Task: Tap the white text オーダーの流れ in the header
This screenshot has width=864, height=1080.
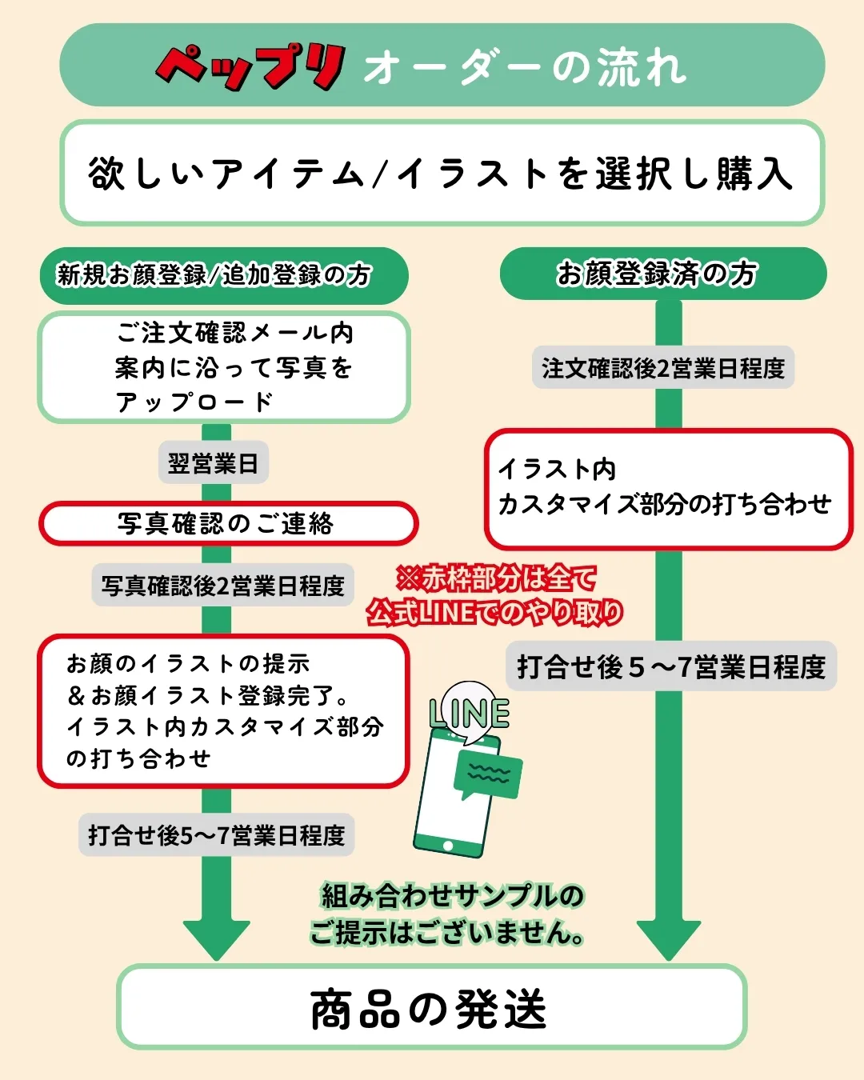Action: pyautogui.click(x=525, y=67)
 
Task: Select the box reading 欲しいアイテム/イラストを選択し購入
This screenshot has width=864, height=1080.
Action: pyautogui.click(x=442, y=173)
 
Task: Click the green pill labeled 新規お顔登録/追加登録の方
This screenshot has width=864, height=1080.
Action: pyautogui.click(x=224, y=275)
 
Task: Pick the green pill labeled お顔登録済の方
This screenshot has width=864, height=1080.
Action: pyautogui.click(x=663, y=274)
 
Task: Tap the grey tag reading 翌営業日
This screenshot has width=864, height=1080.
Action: pyautogui.click(x=214, y=462)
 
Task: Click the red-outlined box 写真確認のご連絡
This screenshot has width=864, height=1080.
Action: pyautogui.click(x=229, y=523)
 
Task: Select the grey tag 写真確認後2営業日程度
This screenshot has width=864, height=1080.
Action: pyautogui.click(x=223, y=585)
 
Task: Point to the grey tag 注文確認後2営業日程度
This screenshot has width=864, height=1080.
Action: pyautogui.click(x=663, y=367)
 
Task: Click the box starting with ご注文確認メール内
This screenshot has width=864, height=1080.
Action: pyautogui.click(x=224, y=367)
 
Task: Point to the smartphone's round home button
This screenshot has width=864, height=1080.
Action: pyautogui.click(x=448, y=846)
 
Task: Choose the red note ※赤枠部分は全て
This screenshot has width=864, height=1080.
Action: pyautogui.click(x=496, y=578)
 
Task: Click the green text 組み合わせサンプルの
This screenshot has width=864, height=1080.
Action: pyautogui.click(x=453, y=896)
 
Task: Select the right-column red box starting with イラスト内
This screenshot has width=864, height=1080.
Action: pyautogui.click(x=669, y=489)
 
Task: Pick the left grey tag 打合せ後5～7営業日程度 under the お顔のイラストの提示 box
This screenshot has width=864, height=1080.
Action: pyautogui.click(x=216, y=835)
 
